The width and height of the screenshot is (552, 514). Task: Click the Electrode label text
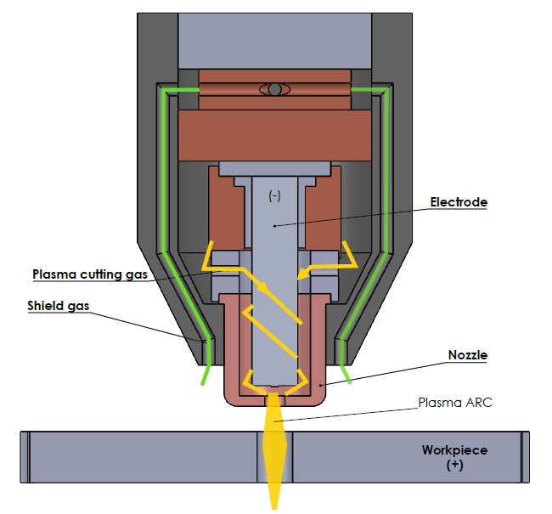coord(459,203)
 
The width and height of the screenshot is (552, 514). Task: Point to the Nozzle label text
coord(467,356)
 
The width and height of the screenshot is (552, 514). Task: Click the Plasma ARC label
coord(455,402)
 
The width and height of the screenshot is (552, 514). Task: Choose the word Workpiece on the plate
coord(454,450)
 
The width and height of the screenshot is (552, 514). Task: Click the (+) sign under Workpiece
coord(454,466)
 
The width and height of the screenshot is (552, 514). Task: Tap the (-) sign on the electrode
coord(274,195)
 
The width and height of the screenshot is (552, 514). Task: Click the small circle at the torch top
coord(274,89)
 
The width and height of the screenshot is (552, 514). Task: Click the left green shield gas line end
coord(201,383)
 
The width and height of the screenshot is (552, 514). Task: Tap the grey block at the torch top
coord(274,38)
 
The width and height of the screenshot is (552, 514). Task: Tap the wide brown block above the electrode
coord(274,136)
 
